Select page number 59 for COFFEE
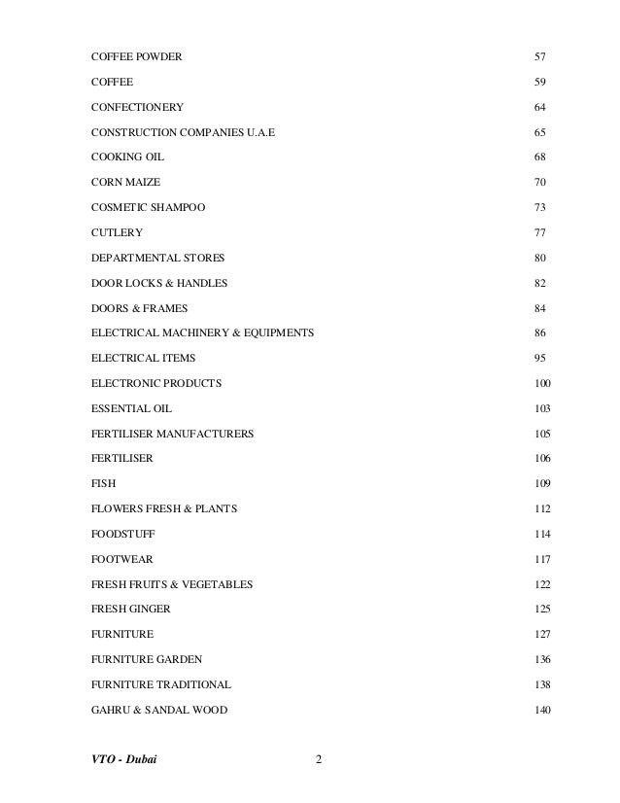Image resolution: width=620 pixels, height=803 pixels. point(540,81)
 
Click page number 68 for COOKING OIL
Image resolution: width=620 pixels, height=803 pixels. point(540,157)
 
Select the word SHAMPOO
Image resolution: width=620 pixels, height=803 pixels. point(178,207)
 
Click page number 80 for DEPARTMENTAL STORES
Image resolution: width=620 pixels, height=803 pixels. point(540,258)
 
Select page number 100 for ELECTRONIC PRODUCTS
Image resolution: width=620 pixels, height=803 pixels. point(543,384)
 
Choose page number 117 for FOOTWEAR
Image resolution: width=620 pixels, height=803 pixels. point(543,560)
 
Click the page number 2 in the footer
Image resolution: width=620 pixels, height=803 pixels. point(319,759)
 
